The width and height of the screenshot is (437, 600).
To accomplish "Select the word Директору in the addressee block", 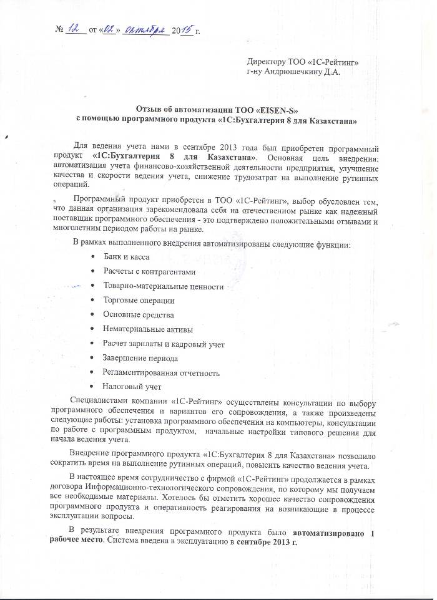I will coord(267,61).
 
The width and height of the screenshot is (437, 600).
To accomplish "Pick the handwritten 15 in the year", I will coord(186,29).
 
